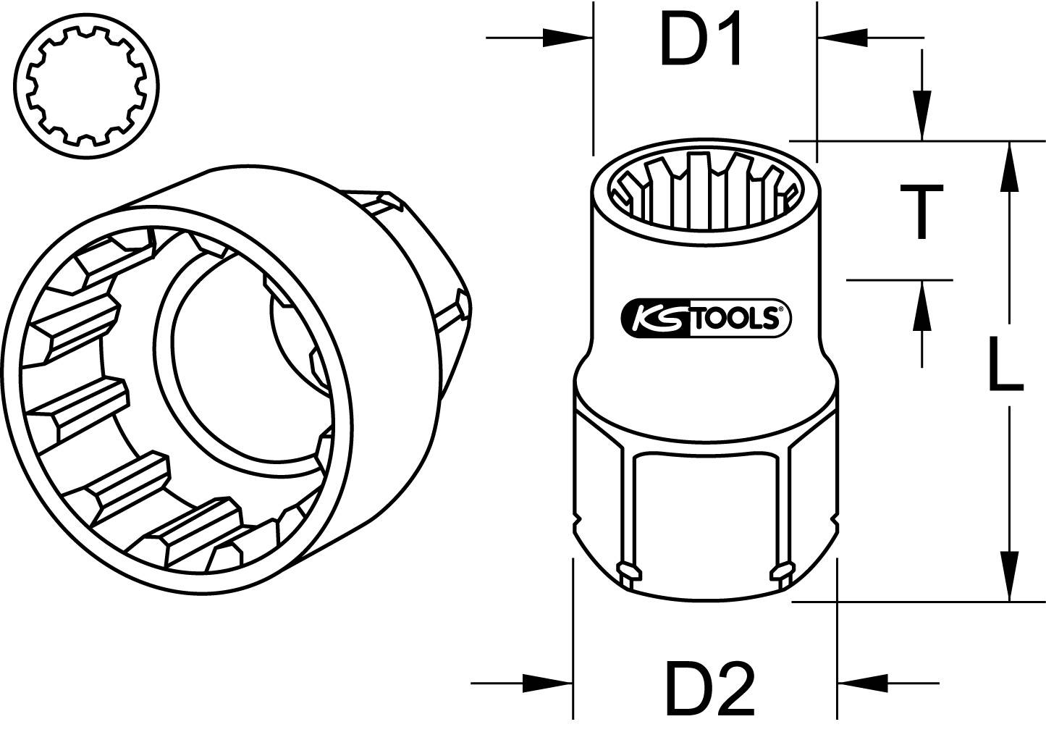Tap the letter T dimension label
[x=921, y=211]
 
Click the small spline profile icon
[x=88, y=85]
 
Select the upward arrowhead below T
[x=921, y=303]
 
